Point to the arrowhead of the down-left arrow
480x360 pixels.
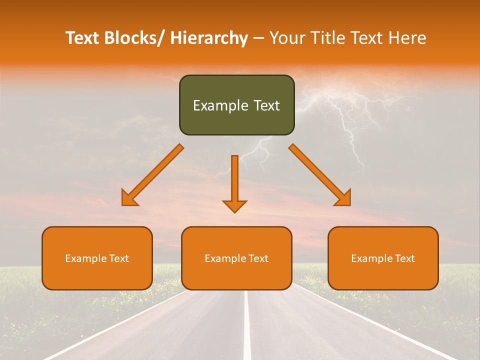coord(129,198)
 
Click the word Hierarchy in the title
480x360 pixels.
coord(209,38)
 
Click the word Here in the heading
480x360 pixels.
coord(407,38)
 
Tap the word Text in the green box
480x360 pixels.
coord(266,105)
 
